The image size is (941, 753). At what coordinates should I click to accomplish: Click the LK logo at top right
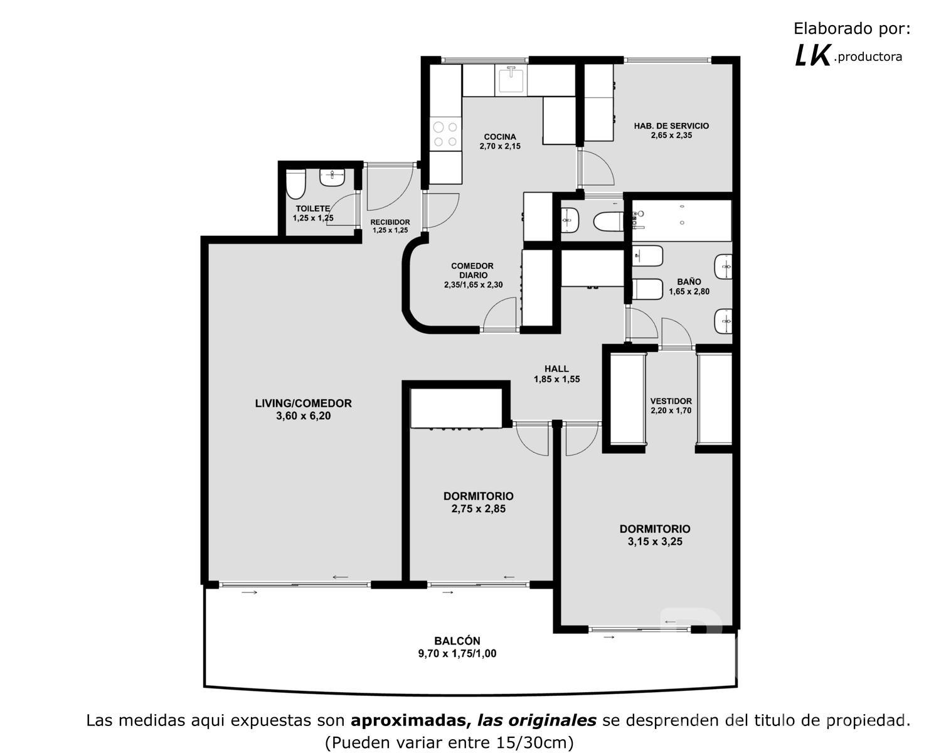point(812,56)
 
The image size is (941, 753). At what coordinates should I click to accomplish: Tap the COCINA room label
point(500,137)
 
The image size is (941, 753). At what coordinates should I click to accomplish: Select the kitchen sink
point(511,80)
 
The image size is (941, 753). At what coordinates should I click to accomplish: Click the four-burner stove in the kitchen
point(445,134)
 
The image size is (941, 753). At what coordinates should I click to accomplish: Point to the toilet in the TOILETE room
point(295,184)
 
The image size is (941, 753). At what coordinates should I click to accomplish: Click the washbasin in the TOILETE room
point(332,177)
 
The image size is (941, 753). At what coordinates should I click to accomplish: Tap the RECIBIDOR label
point(390,222)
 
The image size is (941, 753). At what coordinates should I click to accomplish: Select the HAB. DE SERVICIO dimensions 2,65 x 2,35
point(671,136)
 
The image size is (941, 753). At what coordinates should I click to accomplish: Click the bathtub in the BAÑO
point(681,220)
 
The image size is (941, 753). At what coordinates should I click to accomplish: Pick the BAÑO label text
point(689,282)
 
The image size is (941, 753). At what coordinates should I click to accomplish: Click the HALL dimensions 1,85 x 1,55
point(556,380)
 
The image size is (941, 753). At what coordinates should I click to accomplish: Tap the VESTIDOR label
point(671,401)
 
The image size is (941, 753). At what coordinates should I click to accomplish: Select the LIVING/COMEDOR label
point(303,403)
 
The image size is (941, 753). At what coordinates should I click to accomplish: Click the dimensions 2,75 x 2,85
point(479,509)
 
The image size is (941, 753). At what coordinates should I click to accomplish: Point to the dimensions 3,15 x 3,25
point(655,542)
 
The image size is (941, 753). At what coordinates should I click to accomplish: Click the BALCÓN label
point(457,641)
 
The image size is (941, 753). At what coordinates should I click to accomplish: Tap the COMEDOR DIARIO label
point(472,270)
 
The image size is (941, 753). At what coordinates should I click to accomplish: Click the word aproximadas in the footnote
point(408,720)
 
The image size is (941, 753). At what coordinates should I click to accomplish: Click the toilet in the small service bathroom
point(608,222)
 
